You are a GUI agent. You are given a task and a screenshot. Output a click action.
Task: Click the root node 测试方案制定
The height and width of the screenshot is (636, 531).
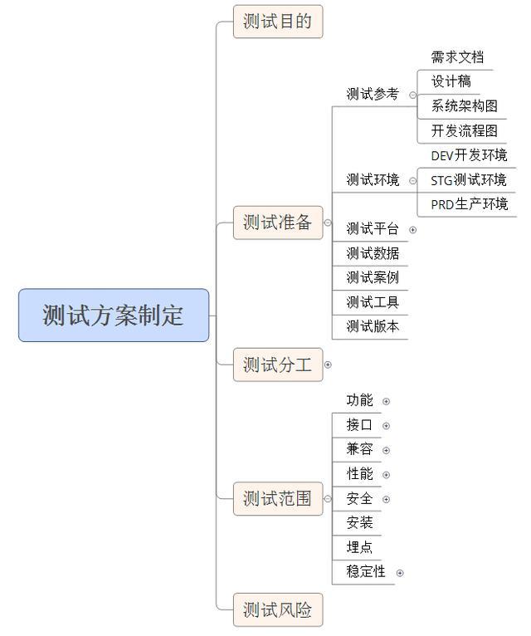click(114, 316)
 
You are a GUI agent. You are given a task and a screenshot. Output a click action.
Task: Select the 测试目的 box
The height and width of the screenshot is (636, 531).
click(278, 22)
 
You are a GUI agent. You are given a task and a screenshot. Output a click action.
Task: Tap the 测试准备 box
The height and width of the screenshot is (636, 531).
click(278, 223)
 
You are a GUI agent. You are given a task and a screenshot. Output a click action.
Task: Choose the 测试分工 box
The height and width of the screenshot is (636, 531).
click(278, 364)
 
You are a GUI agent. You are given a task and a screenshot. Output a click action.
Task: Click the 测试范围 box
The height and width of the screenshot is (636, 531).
click(278, 498)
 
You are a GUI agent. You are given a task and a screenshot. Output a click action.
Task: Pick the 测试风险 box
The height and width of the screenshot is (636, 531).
click(278, 609)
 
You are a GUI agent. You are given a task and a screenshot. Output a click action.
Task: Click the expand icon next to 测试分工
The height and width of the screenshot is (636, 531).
click(328, 364)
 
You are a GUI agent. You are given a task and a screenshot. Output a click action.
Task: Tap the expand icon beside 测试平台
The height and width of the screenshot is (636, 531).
click(412, 230)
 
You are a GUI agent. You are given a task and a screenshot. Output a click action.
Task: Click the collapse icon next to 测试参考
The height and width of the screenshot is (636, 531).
click(412, 95)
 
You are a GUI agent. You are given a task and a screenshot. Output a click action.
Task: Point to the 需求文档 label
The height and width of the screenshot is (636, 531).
click(457, 57)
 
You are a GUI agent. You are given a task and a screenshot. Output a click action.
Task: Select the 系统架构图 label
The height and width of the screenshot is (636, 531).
click(464, 106)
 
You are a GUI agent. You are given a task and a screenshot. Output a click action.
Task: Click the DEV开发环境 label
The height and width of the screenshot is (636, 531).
click(469, 155)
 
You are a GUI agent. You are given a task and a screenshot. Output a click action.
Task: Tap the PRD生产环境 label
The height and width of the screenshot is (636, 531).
click(469, 204)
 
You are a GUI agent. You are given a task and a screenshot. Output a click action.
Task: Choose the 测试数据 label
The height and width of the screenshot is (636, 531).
click(373, 253)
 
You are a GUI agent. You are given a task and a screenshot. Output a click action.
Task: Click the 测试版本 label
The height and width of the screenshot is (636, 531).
click(373, 326)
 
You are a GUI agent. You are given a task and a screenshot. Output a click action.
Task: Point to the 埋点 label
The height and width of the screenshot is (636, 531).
click(359, 547)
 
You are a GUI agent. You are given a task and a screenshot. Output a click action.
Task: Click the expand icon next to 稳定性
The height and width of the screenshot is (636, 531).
click(400, 573)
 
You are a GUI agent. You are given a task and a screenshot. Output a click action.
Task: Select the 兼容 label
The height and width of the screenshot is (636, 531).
click(359, 449)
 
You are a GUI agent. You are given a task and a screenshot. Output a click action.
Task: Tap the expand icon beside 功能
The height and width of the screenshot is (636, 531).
click(387, 401)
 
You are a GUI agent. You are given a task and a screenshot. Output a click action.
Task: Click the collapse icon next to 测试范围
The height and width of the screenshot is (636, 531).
click(328, 498)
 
